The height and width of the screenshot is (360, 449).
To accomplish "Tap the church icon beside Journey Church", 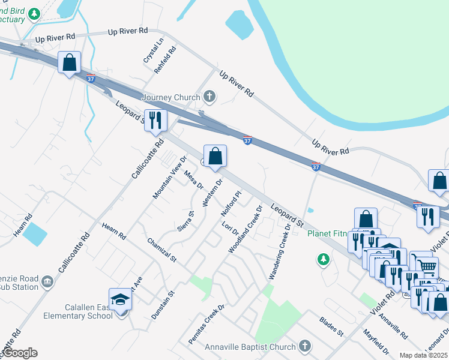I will tap(209, 96).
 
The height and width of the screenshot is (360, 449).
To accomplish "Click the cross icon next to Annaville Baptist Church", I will tap(305, 346).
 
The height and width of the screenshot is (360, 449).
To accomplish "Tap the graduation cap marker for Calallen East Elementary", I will tap(120, 299).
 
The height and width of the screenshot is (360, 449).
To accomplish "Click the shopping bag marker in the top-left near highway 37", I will tap(70, 62).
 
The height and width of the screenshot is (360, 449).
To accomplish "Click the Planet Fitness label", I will tap(329, 233).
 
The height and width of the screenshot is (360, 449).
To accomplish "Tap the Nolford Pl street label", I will tap(231, 204).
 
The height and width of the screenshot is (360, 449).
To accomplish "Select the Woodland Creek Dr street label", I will tap(245, 229).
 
